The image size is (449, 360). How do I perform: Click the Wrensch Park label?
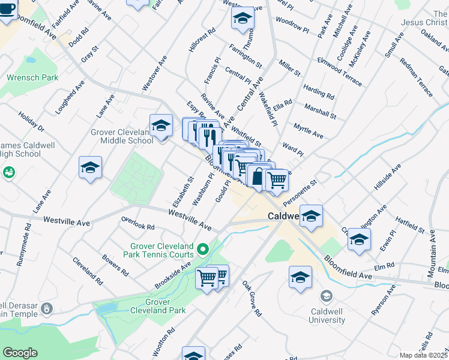32,77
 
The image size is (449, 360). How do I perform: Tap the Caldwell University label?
327,316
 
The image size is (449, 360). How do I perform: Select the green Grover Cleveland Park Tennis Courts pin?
203,248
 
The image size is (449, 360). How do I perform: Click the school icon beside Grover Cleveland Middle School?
161,127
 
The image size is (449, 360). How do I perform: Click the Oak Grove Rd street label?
252,298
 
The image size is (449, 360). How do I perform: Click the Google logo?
20,353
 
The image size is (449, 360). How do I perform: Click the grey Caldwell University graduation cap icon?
326,296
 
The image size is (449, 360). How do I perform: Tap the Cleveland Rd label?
88,271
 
